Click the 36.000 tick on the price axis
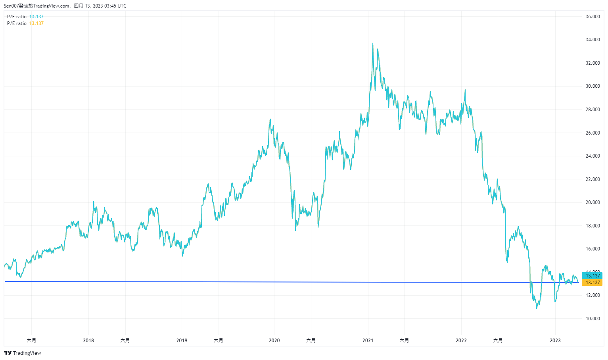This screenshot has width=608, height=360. (593, 17)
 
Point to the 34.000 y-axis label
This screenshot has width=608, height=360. (593, 40)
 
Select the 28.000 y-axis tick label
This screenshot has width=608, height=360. (593, 110)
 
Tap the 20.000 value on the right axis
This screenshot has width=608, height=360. (593, 202)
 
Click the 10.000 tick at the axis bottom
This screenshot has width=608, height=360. (593, 319)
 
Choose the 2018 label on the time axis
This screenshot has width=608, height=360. (88, 341)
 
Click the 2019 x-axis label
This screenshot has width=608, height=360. (182, 341)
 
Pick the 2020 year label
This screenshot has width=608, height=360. (274, 341)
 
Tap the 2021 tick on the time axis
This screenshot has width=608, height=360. (368, 341)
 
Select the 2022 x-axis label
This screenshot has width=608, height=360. (461, 341)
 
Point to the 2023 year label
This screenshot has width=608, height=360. (555, 341)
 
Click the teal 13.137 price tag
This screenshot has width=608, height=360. (593, 276)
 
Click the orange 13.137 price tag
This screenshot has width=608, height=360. (593, 283)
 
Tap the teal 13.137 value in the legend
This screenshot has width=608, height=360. (36, 17)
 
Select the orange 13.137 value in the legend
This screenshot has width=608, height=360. (36, 23)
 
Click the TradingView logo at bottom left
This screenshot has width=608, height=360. (23, 353)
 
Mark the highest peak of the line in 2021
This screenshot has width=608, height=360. (372, 43)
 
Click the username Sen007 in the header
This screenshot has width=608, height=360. (11, 6)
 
